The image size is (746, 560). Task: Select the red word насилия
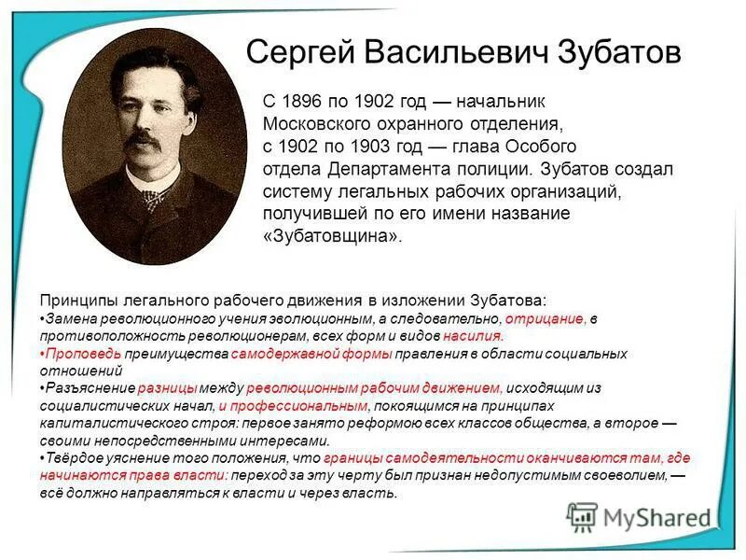point(474,335)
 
